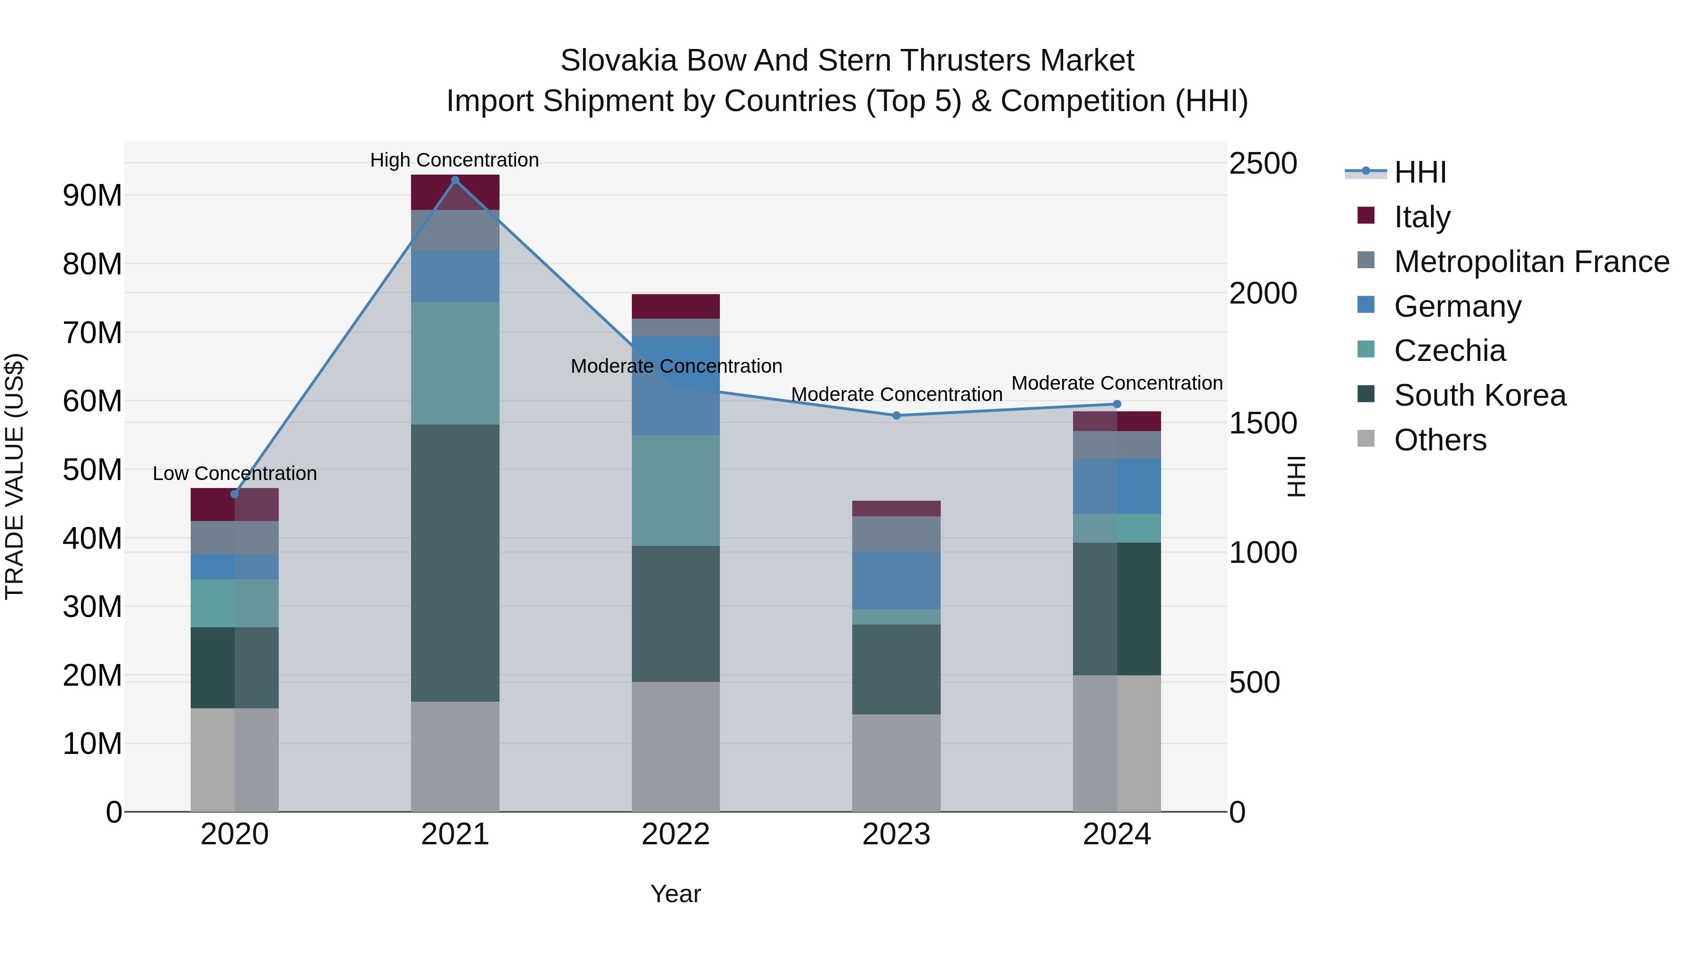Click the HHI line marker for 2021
tap(455, 180)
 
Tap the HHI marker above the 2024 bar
tap(1117, 404)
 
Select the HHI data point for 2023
tap(896, 416)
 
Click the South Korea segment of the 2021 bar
tap(455, 562)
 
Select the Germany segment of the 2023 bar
tap(896, 580)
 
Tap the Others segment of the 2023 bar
tap(896, 763)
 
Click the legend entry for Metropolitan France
tap(1531, 262)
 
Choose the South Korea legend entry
tap(1479, 395)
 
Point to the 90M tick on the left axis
tap(92, 196)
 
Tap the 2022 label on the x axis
tap(676, 834)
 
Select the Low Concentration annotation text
tap(234, 473)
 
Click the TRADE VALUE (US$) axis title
tap(15, 476)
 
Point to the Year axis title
tap(676, 894)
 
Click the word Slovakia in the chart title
tap(619, 61)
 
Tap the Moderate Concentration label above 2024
tap(1117, 383)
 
